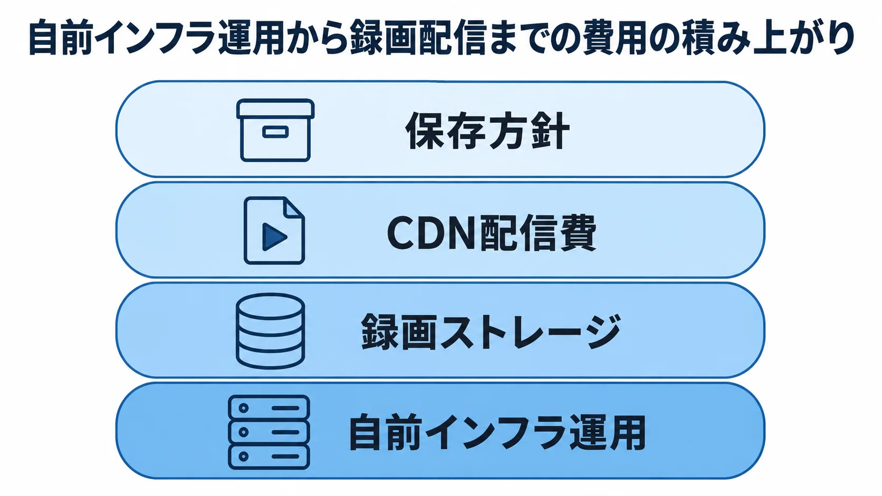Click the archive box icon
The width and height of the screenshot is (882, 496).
point(275,130)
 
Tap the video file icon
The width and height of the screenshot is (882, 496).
point(274,230)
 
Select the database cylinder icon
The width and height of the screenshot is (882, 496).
point(270,331)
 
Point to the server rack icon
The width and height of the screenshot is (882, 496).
point(269,432)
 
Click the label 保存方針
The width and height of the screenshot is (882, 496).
point(487,130)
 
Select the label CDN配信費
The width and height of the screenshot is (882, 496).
point(492,233)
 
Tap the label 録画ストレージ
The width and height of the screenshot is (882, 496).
point(491,332)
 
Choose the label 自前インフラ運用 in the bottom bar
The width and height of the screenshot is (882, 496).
point(497,432)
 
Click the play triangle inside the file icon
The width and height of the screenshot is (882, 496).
point(274,237)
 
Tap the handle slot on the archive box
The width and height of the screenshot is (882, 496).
point(275,132)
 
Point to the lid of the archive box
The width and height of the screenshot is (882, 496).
point(275,109)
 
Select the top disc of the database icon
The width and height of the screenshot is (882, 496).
point(270,306)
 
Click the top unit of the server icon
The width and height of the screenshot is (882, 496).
point(269,408)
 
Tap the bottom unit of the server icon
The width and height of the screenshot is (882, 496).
point(269,456)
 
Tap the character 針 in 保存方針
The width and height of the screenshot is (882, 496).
point(550,130)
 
